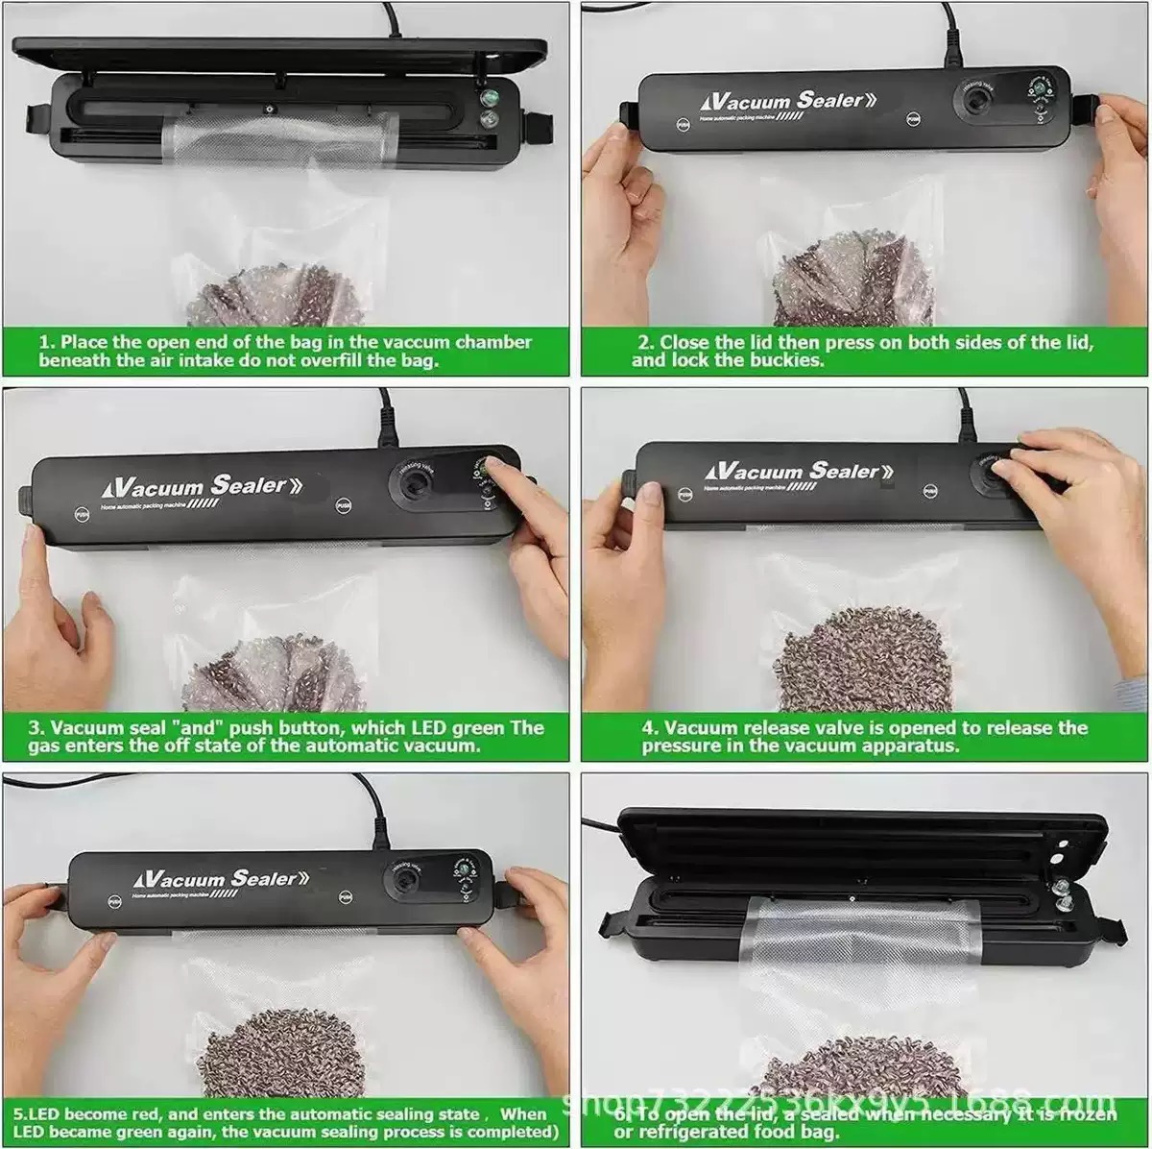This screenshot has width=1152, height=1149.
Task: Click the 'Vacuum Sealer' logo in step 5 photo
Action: pos(221,879)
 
